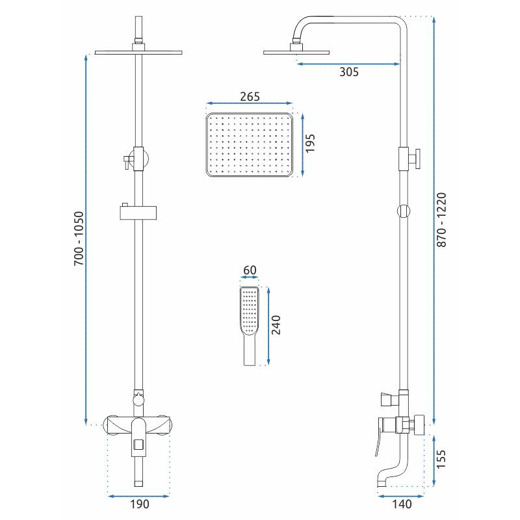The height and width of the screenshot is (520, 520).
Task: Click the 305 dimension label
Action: [x=349, y=71]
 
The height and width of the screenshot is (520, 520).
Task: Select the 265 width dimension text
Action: [x=250, y=96]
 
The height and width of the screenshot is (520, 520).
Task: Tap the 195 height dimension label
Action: [x=310, y=143]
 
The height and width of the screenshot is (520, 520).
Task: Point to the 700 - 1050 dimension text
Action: [x=79, y=239]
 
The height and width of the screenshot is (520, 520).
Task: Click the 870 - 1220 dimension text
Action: [x=441, y=220]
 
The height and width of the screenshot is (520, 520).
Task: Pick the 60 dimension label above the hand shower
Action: [x=250, y=270]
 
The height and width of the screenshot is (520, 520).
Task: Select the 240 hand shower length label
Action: [x=276, y=325]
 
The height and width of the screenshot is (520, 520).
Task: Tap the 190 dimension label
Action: [x=139, y=504]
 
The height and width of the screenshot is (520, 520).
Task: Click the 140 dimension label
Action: [x=402, y=504]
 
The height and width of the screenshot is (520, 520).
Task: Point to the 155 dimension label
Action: [x=441, y=459]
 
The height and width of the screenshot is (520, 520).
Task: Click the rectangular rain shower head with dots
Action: [x=250, y=145]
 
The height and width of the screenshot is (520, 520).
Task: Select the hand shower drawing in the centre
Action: [x=249, y=326]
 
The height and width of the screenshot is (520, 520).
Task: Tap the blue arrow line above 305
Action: [x=348, y=64]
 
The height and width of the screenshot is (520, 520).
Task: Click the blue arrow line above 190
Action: [x=138, y=496]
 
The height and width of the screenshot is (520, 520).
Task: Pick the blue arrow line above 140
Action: [x=400, y=496]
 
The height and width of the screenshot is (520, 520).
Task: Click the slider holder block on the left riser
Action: [x=138, y=213]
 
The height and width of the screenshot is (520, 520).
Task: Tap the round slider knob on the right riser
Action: [x=404, y=211]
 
